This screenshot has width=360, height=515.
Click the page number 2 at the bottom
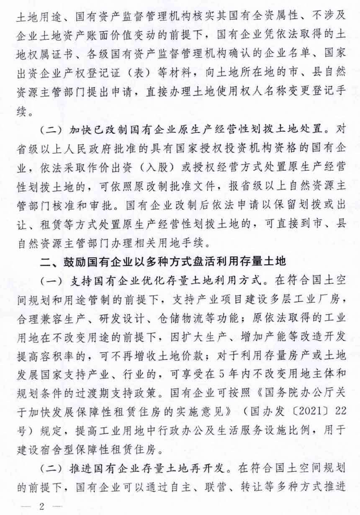click(41, 505)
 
